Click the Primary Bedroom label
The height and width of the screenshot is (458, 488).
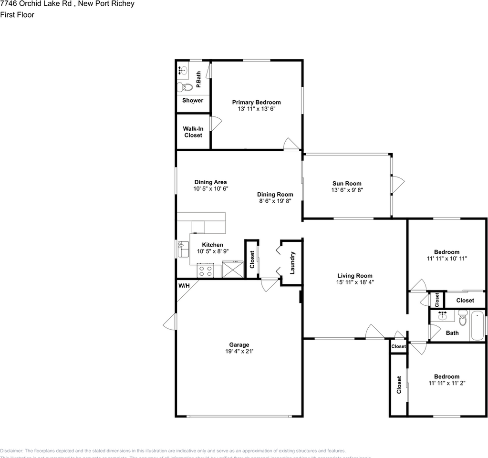point(256,102)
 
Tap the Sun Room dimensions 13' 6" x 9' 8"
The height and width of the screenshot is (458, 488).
point(347,190)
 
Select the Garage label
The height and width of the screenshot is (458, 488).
point(239,345)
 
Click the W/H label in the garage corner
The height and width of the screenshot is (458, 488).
point(184,286)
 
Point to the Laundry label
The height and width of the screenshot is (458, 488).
point(292,263)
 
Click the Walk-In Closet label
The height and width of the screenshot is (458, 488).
point(193,132)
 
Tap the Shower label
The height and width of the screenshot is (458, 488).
point(193,101)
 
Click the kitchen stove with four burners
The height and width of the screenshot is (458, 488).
point(206,271)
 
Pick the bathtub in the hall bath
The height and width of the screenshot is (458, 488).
point(478,326)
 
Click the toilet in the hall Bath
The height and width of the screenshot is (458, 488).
point(462,318)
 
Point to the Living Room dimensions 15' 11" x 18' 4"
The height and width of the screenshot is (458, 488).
point(354,282)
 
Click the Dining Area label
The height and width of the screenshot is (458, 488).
point(210,182)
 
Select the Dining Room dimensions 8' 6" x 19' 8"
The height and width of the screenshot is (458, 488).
point(275,201)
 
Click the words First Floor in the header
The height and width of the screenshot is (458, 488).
point(17,15)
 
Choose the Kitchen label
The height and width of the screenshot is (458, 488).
point(212,245)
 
